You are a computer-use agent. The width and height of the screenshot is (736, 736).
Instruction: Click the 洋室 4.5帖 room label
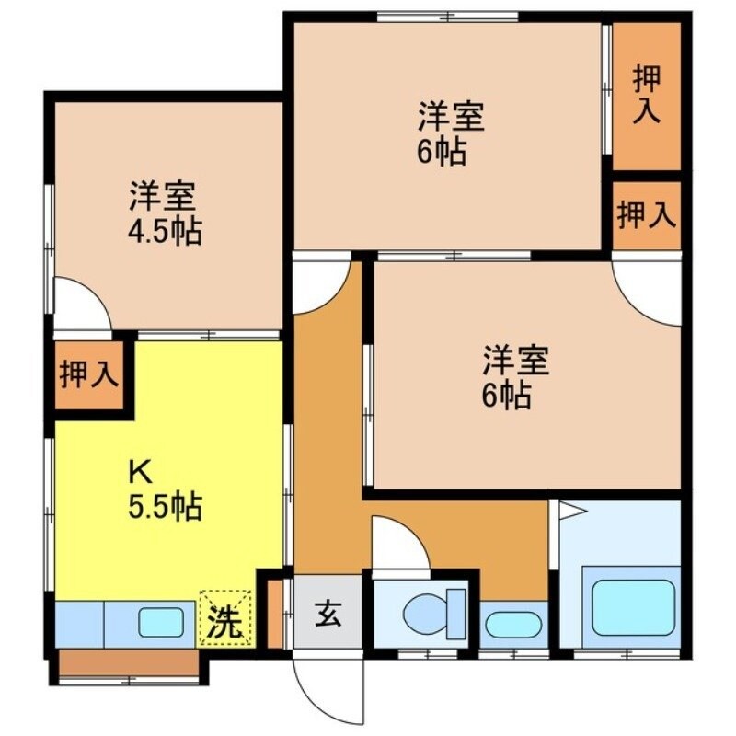tap(165, 213)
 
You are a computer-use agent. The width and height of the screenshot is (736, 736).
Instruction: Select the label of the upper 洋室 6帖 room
tap(450, 133)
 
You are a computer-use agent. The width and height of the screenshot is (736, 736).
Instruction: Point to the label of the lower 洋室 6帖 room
tap(515, 377)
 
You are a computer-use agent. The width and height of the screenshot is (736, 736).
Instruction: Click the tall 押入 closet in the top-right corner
tap(647, 95)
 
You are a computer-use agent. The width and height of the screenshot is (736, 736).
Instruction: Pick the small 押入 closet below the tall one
tap(647, 215)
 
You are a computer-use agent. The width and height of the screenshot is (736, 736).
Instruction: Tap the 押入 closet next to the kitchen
tap(89, 375)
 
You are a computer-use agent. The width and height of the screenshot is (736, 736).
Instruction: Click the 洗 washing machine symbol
tap(225, 618)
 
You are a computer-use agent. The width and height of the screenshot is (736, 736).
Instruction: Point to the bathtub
tap(633, 607)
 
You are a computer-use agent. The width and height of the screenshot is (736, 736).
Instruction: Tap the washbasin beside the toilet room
tap(512, 625)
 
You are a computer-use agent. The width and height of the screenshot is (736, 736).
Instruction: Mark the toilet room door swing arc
tap(397, 545)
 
